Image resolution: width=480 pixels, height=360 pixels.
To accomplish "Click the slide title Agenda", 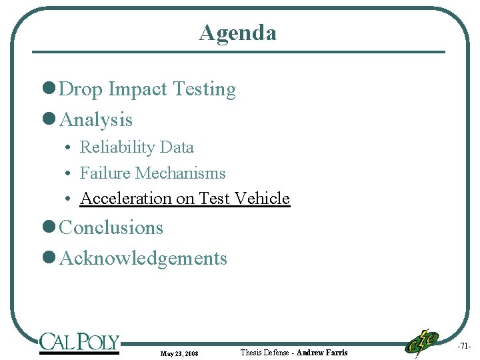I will [x=237, y=33].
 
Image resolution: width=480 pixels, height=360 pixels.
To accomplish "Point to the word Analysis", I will [x=96, y=120].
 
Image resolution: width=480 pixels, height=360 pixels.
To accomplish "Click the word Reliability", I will [x=117, y=147].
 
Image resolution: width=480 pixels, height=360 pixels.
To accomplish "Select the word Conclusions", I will [x=111, y=227].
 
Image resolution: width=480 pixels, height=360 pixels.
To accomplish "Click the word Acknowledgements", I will [x=143, y=258].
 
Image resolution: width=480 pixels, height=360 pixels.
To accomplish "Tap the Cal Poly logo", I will [x=79, y=343].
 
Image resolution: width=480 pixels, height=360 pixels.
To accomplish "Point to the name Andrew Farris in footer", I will [x=322, y=352].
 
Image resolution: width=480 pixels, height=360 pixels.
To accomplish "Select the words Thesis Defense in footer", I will [x=265, y=352].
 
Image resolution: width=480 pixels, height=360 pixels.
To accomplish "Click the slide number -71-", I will [x=465, y=346].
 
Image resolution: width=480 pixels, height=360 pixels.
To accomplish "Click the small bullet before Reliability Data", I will [x=69, y=148].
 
